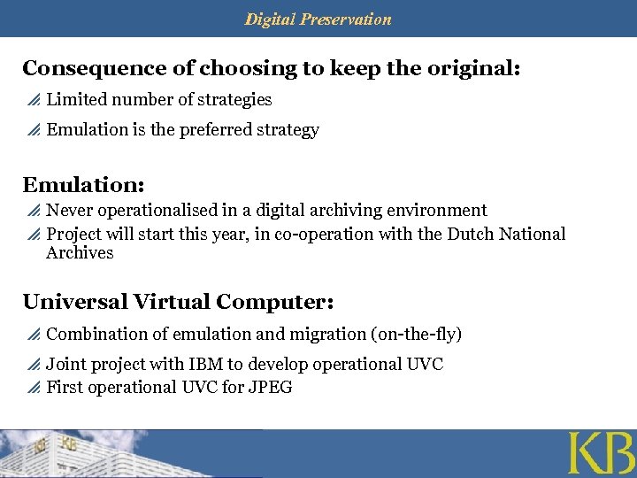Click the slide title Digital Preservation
[x=318, y=19]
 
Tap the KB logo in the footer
[x=601, y=454]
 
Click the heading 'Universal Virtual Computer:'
[x=178, y=302]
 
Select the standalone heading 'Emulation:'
[x=83, y=185]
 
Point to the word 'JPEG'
[x=271, y=387]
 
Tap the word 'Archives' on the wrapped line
[x=80, y=253]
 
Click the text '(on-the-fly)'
[x=416, y=334]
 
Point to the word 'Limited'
[x=73, y=100]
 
